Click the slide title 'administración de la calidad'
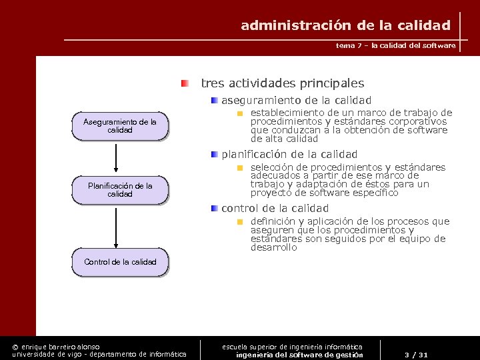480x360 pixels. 345,26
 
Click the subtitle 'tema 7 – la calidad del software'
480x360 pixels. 396,46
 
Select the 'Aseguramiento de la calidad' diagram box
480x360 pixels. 120,126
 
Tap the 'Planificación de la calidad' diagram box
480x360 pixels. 120,190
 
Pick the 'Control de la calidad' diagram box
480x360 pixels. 120,262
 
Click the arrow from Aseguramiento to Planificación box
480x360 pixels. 116,157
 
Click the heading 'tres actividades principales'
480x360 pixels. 282,83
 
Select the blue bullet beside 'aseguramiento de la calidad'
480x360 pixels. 213,100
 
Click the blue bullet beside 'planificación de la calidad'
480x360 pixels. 213,154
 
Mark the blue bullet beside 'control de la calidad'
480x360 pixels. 213,208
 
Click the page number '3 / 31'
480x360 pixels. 416,355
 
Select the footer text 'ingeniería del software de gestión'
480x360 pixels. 299,355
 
